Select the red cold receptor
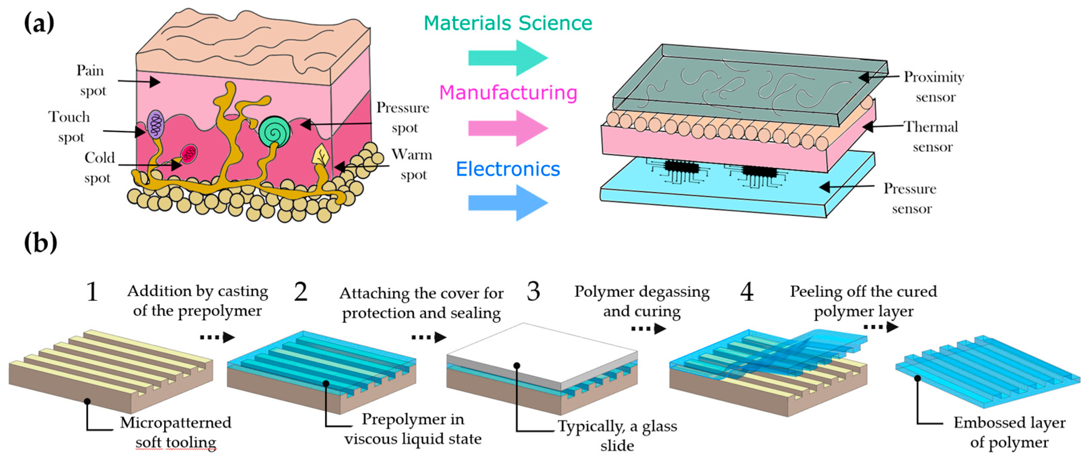[189, 154]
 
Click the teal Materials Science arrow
[508, 58]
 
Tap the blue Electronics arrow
[508, 203]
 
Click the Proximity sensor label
[934, 87]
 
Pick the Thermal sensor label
[932, 137]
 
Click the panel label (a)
[39, 23]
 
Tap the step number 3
[533, 292]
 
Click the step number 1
[92, 292]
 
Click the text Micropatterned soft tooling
[176, 432]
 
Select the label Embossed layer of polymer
[1009, 432]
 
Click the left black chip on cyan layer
[681, 166]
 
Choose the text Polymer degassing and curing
[642, 301]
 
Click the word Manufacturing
[508, 93]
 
